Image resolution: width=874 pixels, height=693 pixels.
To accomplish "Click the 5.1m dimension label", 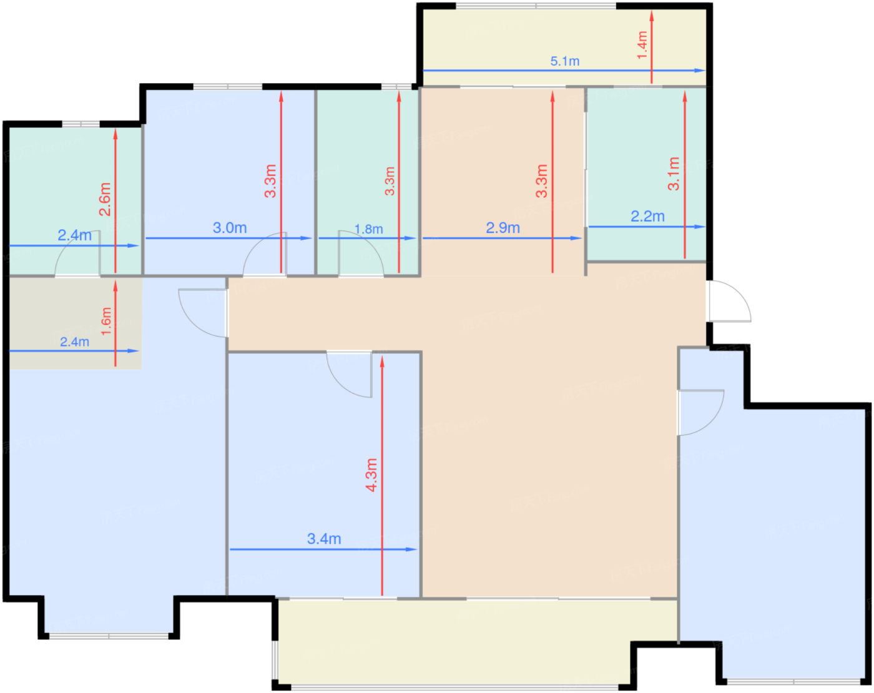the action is pyautogui.click(x=564, y=61).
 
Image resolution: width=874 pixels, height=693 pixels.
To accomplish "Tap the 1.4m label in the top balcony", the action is pyautogui.click(x=642, y=45).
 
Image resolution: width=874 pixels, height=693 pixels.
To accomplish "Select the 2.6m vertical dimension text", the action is pyautogui.click(x=105, y=199).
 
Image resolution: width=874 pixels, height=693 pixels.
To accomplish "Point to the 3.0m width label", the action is pyautogui.click(x=230, y=228).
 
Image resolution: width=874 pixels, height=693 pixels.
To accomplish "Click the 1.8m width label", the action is pyautogui.click(x=369, y=229).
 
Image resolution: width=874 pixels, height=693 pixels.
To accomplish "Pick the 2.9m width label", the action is pyautogui.click(x=503, y=228).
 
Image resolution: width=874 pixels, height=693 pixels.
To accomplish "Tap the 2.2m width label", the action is pyautogui.click(x=647, y=216).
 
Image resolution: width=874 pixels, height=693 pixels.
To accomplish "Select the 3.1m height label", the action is pyautogui.click(x=674, y=174).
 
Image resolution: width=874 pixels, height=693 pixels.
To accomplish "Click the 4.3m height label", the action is pyautogui.click(x=371, y=475).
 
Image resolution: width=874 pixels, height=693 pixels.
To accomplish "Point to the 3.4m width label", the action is pyautogui.click(x=324, y=539).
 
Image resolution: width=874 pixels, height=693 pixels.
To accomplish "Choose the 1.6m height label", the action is pyautogui.click(x=106, y=321).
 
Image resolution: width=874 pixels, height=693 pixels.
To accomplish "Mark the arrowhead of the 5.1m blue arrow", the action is pyautogui.click(x=700, y=71).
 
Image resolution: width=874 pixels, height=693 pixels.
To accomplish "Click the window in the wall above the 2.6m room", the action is pyautogui.click(x=81, y=124).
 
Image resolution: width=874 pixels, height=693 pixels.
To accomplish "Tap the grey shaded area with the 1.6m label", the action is pyautogui.click(x=76, y=323).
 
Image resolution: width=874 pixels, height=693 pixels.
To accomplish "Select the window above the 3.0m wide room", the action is pyautogui.click(x=228, y=87).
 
